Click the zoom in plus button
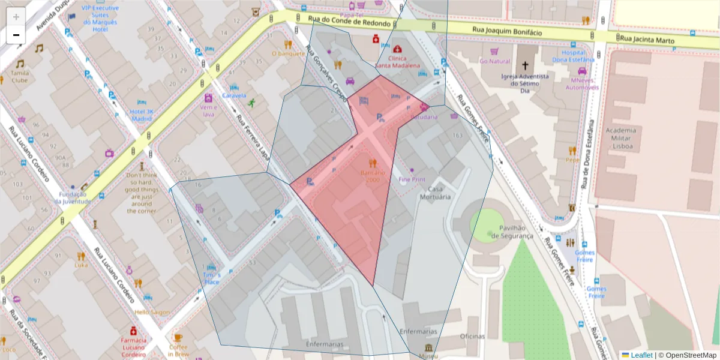(x=16, y=17)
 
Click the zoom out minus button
(x=16, y=35)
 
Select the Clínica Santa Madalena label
(x=397, y=62)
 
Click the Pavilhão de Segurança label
(x=511, y=232)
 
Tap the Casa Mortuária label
(x=435, y=193)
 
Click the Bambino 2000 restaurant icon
(x=373, y=163)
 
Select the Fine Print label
(x=412, y=179)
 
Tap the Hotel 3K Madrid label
(x=142, y=115)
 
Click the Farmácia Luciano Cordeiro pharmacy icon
(x=133, y=331)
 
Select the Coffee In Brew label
(x=178, y=350)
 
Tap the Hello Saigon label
(x=152, y=313)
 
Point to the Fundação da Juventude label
(x=73, y=198)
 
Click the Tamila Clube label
(x=19, y=76)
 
